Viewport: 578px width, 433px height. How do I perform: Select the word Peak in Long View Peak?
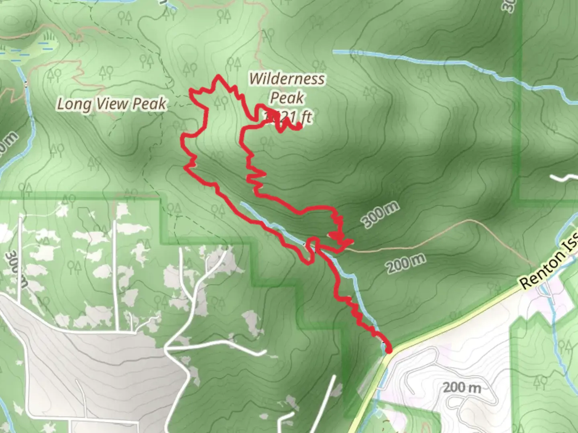(149, 104)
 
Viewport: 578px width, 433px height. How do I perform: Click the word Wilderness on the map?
(287, 79)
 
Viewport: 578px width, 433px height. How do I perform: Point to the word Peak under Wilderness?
(287, 97)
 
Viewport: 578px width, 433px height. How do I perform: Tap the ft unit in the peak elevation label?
(306, 117)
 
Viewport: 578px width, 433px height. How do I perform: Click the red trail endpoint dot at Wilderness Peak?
(299, 127)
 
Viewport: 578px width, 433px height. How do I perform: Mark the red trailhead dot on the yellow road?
(389, 351)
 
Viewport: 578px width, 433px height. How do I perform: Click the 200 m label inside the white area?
(462, 388)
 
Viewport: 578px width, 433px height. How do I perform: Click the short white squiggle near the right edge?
(564, 178)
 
